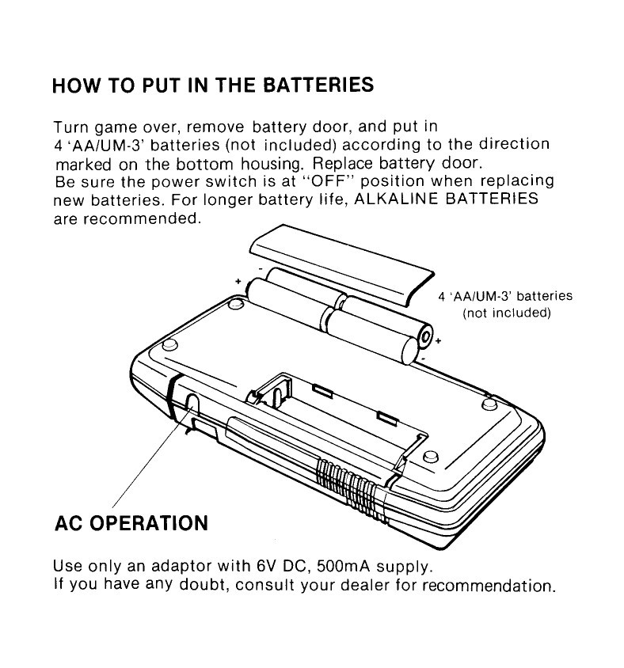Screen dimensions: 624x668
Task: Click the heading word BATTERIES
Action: pos(318,85)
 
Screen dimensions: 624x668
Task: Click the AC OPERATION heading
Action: pos(131,523)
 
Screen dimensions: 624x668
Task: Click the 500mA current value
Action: pos(344,566)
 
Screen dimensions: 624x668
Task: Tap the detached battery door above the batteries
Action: pos(341,264)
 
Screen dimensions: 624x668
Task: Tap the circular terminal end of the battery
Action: pos(425,336)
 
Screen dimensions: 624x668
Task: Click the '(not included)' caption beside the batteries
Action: pos(507,313)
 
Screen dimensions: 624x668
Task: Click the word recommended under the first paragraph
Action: pos(142,219)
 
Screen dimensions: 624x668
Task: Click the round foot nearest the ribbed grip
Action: pos(431,456)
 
